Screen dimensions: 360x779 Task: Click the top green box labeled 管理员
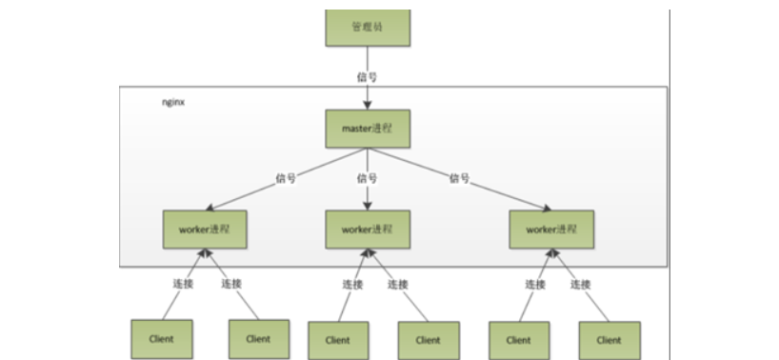[368, 27]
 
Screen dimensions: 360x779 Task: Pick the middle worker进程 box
[368, 230]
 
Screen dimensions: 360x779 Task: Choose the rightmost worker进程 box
[551, 230]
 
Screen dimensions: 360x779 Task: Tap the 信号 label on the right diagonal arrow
[459, 177]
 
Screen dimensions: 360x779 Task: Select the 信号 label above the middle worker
[368, 178]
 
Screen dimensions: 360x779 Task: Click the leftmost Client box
[162, 338]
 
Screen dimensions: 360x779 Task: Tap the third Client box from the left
[337, 339]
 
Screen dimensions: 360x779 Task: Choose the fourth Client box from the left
[429, 339]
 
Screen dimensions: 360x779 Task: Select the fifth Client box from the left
[518, 339]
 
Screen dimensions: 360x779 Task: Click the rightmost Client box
[609, 339]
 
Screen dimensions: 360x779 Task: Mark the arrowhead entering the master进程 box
[368, 105]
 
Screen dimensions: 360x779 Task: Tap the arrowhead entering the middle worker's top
[368, 207]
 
